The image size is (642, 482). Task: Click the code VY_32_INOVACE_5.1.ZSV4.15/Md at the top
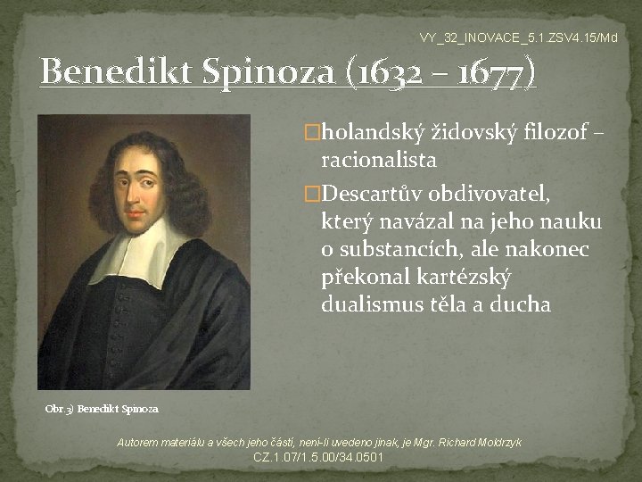click(518, 37)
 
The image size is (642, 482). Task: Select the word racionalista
click(379, 162)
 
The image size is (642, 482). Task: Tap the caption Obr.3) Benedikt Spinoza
click(102, 409)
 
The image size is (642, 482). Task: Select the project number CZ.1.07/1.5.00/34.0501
click(319, 458)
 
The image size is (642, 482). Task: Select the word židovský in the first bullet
click(473, 133)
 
